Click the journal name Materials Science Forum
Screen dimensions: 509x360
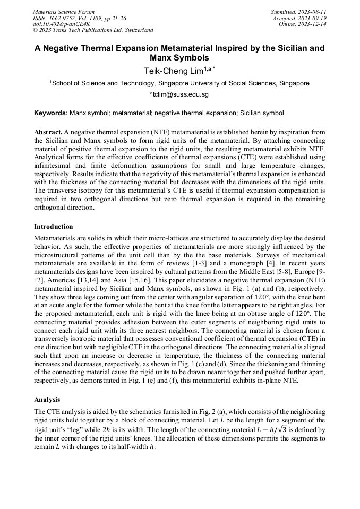pyautogui.click(x=64, y=11)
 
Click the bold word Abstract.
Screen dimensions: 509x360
pyautogui.click(x=47, y=131)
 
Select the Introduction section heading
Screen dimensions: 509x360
pyautogui.click(x=54, y=227)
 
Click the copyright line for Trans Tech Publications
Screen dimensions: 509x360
pyautogui.click(x=93, y=30)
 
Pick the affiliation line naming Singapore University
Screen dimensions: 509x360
pyautogui.click(x=179, y=83)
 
